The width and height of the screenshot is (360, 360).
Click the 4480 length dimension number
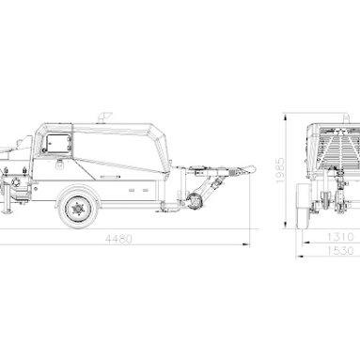click(118, 239)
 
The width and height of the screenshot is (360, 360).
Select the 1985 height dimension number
click(280, 170)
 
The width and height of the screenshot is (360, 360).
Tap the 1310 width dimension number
click(340, 237)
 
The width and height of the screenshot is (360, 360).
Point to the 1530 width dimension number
click(340, 251)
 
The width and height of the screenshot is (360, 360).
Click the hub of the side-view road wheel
click(77, 208)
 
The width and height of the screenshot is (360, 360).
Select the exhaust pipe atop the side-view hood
click(104, 117)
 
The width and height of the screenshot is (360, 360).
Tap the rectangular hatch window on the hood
click(58, 144)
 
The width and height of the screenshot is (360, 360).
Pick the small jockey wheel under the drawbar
click(195, 201)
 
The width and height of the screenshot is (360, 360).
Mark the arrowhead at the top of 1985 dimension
click(286, 117)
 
